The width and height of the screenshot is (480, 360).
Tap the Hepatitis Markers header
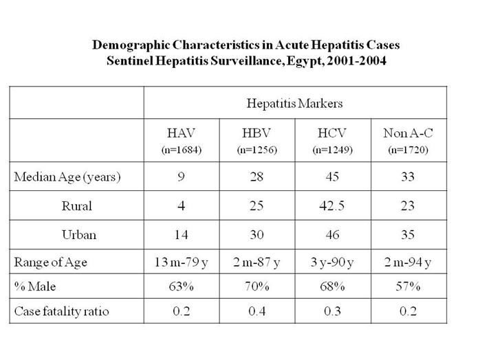click(294, 103)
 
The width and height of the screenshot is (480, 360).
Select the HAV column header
click(181, 133)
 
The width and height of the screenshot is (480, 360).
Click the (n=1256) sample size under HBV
click(257, 150)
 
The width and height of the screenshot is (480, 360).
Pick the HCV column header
click(332, 133)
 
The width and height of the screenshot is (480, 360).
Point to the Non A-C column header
click(408, 133)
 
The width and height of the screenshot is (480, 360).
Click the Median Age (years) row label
click(67, 177)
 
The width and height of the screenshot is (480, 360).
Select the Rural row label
click(77, 206)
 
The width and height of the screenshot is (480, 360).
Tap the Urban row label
click(79, 234)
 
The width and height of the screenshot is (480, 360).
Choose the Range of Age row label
click(50, 262)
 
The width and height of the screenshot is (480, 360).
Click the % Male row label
click(35, 286)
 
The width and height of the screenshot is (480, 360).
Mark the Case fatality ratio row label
click(61, 311)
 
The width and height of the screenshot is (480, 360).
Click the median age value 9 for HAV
click(181, 177)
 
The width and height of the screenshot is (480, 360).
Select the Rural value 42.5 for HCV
click(332, 206)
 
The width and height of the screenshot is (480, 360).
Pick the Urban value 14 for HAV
click(181, 234)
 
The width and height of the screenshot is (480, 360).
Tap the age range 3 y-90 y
click(332, 262)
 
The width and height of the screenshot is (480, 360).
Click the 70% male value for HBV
click(257, 286)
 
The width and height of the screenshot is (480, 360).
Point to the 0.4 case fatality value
click(257, 311)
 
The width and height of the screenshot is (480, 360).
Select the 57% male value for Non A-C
click(408, 286)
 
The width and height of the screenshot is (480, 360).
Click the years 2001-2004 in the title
click(357, 61)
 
